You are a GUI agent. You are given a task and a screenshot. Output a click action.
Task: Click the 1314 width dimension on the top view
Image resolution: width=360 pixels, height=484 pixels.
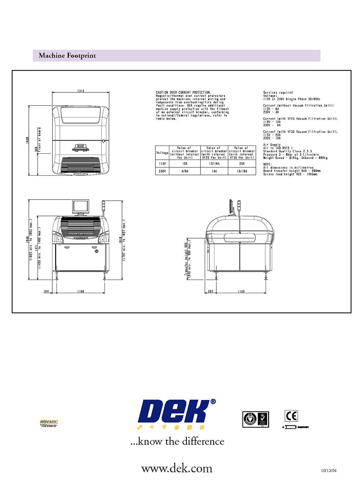[81, 91]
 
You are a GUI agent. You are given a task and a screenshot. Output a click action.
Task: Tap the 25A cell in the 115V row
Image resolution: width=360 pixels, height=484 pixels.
[241, 164]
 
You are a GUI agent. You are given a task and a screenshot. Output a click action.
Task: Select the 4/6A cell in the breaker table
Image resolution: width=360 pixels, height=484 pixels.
[185, 171]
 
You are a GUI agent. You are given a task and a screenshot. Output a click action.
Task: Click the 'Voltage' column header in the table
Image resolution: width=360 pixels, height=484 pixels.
[162, 153]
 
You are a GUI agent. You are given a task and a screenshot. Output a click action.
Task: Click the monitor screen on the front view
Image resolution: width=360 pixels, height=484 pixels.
[81, 206]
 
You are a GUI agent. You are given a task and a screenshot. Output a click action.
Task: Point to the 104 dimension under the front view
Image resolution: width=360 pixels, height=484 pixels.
[46, 292]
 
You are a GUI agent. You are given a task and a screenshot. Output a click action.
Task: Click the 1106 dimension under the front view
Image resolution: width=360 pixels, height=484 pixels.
[80, 292]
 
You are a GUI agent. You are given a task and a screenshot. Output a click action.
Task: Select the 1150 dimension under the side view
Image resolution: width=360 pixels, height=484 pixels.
[241, 292]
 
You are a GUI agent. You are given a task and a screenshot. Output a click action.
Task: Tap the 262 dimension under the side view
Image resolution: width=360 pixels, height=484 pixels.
[211, 292]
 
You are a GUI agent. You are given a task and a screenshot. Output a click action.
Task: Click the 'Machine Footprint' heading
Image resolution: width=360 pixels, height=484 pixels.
[67, 56]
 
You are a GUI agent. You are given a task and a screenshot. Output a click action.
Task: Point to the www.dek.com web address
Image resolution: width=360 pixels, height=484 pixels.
[177, 468]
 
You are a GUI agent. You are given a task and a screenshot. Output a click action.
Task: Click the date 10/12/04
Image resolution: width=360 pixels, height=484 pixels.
[329, 471]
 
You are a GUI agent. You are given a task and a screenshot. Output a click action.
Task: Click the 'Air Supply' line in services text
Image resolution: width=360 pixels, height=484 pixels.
[271, 145]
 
